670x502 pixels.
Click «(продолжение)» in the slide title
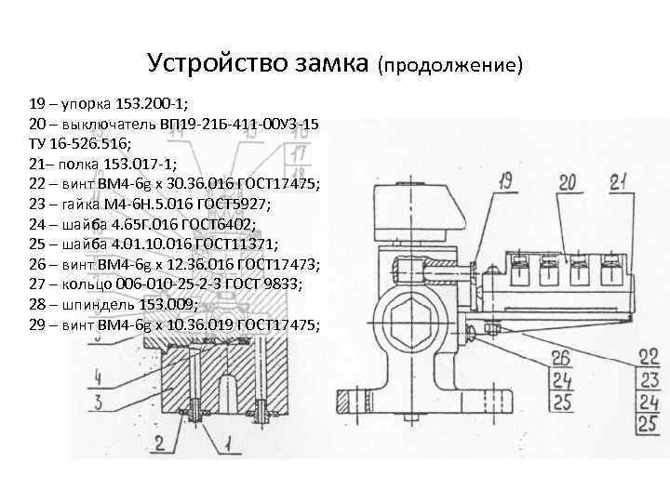[x=451, y=65]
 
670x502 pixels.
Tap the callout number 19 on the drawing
[x=504, y=181]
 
